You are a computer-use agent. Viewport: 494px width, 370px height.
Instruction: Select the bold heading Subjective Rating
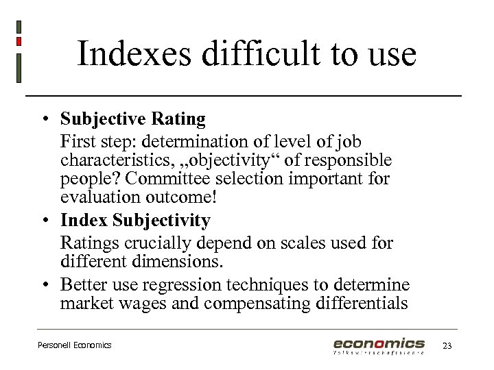coord(133,119)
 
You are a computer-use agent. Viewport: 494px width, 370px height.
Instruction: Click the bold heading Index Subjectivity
coord(135,221)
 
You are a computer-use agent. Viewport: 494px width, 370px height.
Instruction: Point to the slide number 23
coord(447,346)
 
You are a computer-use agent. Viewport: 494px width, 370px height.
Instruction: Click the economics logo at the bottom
coord(379,345)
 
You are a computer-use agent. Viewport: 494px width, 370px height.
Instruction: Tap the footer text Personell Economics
coord(74,345)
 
